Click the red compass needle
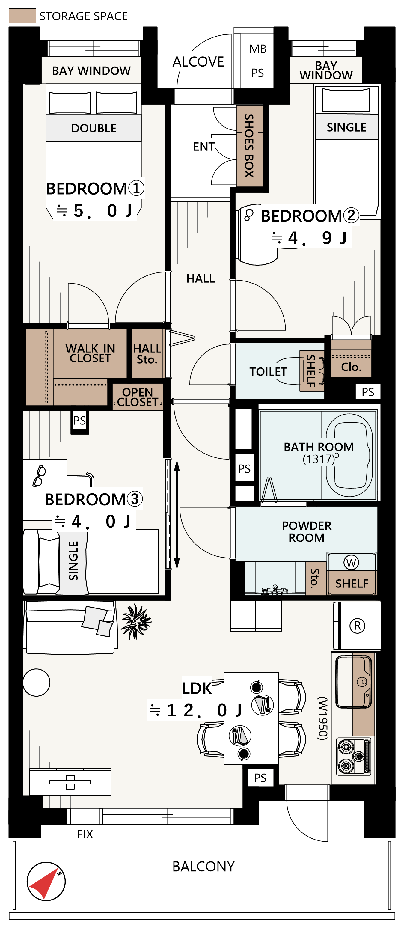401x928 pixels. [x=44, y=884]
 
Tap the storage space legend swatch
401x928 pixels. [x=22, y=16]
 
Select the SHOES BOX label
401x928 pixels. [x=249, y=146]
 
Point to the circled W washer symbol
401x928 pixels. [x=351, y=562]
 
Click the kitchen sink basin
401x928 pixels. [x=353, y=682]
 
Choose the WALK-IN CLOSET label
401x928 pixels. [x=90, y=353]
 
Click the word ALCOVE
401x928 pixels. [x=198, y=62]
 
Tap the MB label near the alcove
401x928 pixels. [x=258, y=49]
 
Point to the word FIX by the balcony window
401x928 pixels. [x=85, y=834]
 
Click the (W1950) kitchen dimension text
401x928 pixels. [x=322, y=718]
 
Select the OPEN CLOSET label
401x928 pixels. [x=138, y=397]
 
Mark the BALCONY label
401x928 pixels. [x=203, y=866]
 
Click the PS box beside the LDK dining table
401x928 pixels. [x=260, y=778]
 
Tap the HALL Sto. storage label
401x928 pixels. [x=147, y=354]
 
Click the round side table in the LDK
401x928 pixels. [x=36, y=682]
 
